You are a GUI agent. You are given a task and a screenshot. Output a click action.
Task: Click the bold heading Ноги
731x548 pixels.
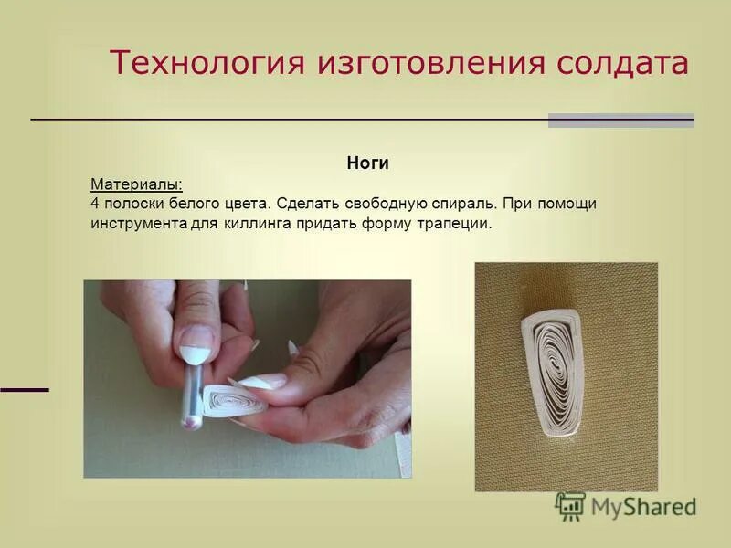pyautogui.click(x=368, y=163)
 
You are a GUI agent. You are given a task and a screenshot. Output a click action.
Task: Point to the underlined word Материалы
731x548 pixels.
pyautogui.click(x=135, y=184)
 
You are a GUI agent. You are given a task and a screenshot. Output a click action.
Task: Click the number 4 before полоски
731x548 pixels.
pyautogui.click(x=95, y=203)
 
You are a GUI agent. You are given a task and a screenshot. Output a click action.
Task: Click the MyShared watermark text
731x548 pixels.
pyautogui.click(x=643, y=507)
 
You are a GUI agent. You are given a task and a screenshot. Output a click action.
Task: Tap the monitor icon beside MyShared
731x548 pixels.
pyautogui.click(x=570, y=506)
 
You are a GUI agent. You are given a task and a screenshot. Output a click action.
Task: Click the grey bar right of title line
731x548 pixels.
pyautogui.click(x=621, y=120)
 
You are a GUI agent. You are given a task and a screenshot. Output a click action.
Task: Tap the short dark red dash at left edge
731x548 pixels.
pyautogui.click(x=24, y=390)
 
